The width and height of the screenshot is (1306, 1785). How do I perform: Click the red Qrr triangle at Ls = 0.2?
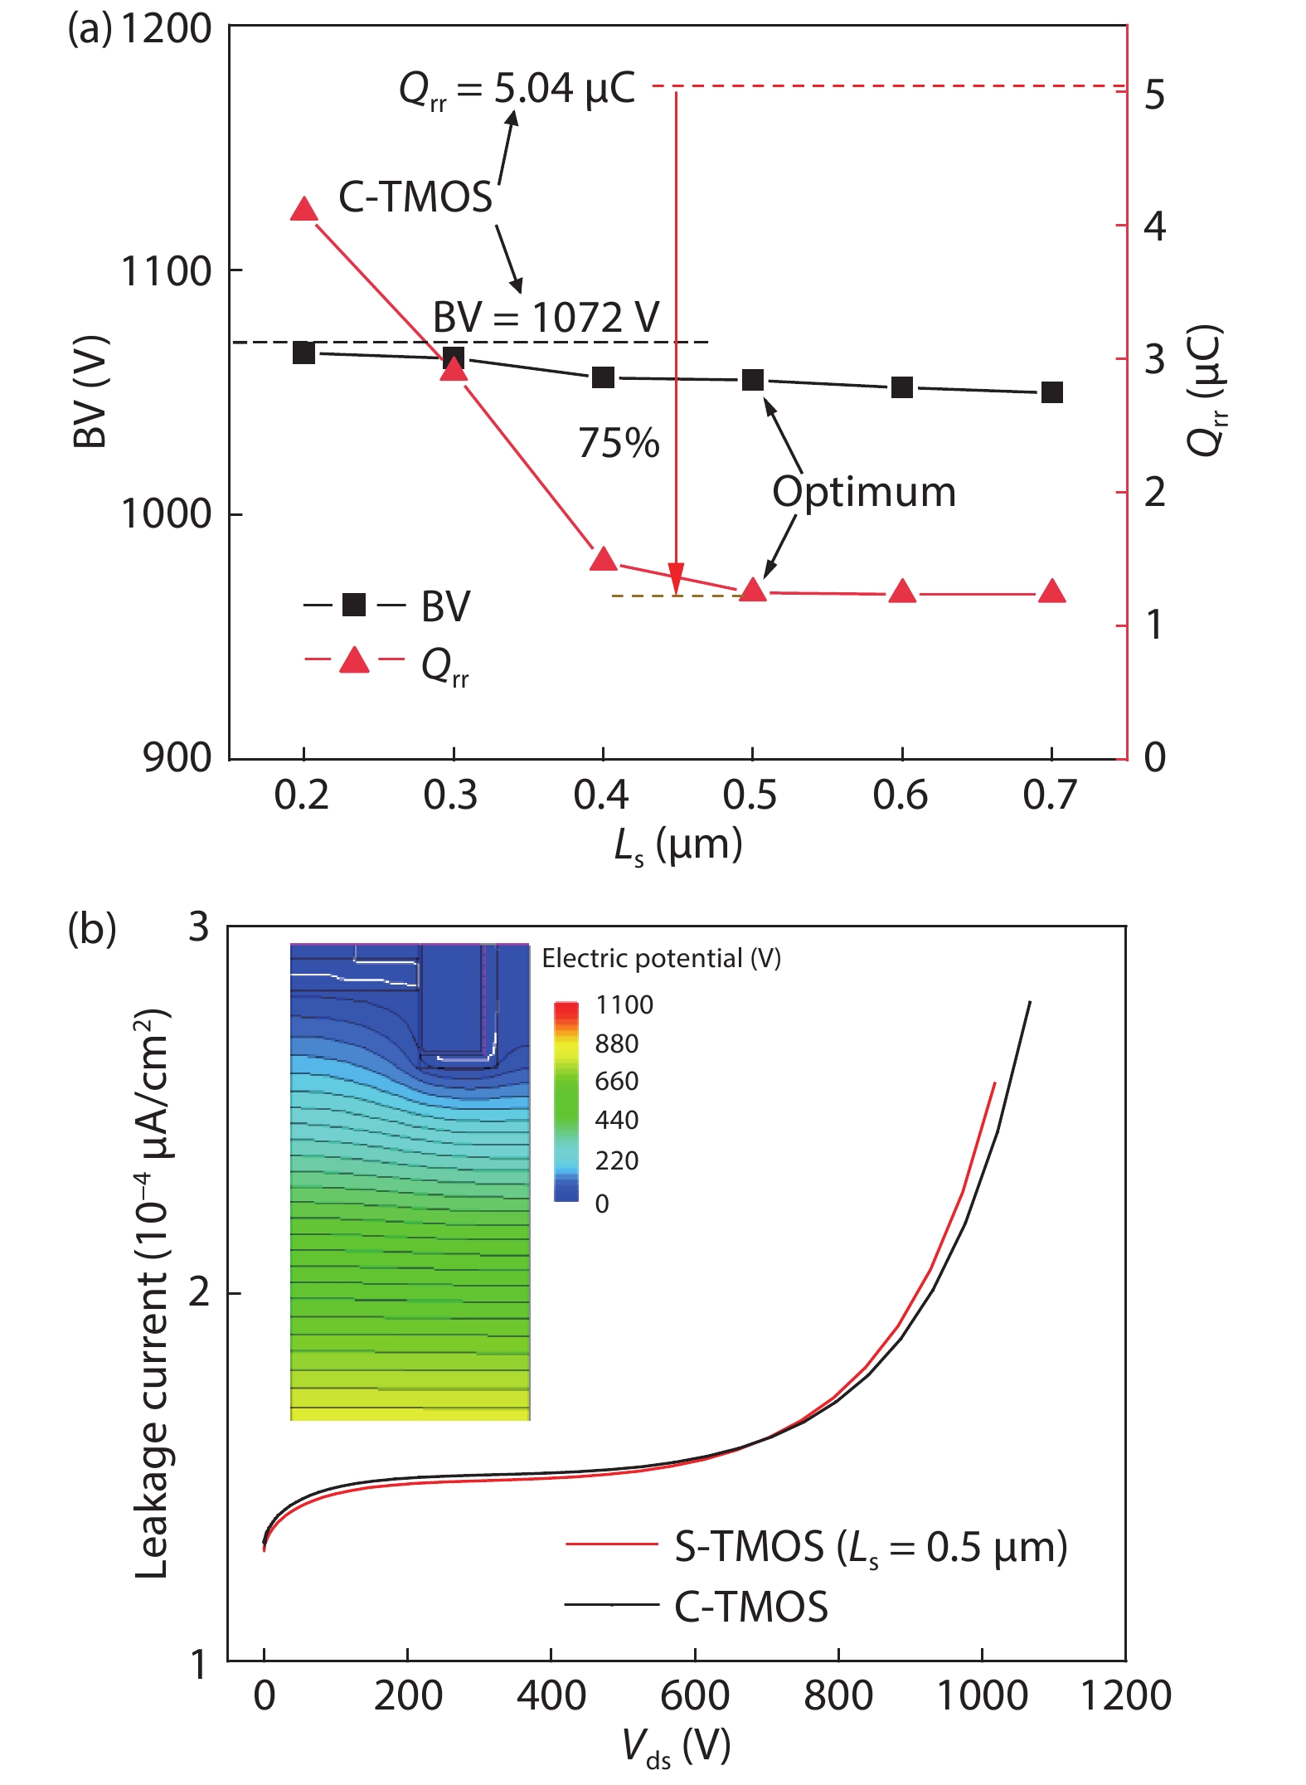coord(304,210)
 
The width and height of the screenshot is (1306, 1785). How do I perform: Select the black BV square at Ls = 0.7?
coord(1051,392)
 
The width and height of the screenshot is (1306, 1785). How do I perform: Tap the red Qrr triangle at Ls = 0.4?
coord(604,559)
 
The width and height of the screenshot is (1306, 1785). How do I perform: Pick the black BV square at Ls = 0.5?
coord(753,380)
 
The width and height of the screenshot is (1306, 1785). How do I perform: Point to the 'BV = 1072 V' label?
coord(546,318)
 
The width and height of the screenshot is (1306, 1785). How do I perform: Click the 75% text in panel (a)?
coord(619,443)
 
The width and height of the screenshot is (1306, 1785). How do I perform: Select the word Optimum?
coord(864,492)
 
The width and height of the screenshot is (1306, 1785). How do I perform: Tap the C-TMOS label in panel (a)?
coord(415,197)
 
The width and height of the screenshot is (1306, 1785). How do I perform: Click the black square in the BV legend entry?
coord(354,605)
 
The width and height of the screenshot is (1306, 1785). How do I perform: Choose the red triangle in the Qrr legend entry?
coord(354,661)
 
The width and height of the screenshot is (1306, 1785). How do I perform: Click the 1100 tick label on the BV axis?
coord(166,271)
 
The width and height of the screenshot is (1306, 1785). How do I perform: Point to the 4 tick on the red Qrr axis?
coord(1154,226)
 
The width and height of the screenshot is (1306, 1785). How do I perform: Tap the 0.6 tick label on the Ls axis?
coord(901,795)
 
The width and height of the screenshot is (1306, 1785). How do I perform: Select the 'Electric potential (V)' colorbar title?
coord(661,959)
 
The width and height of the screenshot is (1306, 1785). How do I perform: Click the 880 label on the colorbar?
coord(617,1043)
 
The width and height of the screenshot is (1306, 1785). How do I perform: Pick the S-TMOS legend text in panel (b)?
coord(871,1547)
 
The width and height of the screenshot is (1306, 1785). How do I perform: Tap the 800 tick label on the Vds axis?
coord(837,1695)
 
